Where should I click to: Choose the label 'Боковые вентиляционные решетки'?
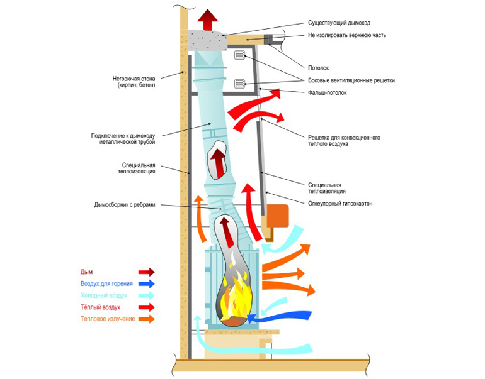(x=351, y=80)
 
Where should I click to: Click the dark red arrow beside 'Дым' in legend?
(x=146, y=272)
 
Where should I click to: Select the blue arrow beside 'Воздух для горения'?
(x=146, y=284)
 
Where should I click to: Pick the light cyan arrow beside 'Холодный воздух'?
(x=146, y=295)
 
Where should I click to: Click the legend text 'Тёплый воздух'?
(x=100, y=307)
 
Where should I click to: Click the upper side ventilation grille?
(x=239, y=56)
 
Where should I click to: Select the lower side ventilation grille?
(x=239, y=83)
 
